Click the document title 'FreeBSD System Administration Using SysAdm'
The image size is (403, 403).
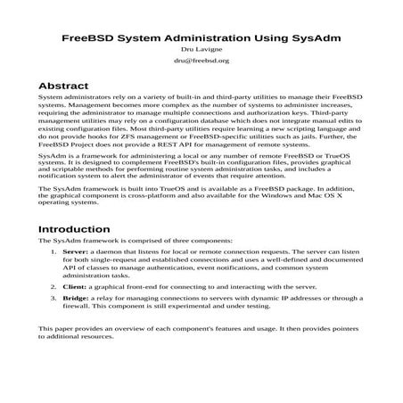point(201,40)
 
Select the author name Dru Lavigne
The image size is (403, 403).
point(201,52)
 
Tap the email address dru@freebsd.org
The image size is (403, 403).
point(201,62)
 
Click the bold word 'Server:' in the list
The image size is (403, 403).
point(76,252)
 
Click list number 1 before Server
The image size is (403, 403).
point(53,252)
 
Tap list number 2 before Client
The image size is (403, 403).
point(53,288)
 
